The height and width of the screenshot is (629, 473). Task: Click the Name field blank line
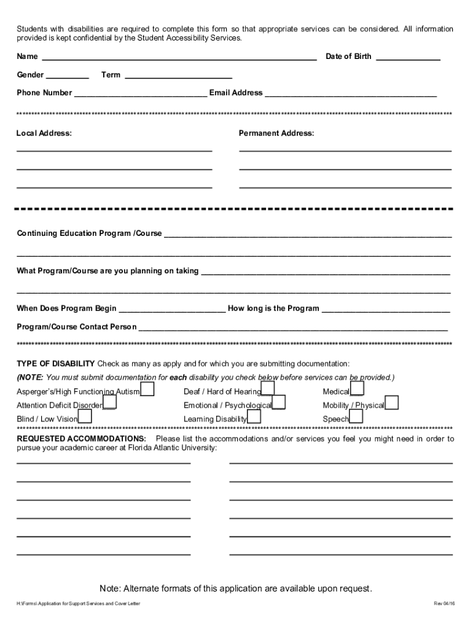click(x=178, y=58)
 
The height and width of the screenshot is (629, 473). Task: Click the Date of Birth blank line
click(x=407, y=58)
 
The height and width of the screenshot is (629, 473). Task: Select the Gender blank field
click(x=67, y=76)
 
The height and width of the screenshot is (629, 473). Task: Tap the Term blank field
click(x=178, y=76)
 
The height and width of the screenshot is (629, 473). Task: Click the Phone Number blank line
click(x=140, y=94)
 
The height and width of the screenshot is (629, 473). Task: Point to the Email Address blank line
click(x=350, y=94)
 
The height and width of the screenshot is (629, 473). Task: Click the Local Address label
click(x=44, y=133)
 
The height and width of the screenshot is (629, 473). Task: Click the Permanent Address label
click(x=276, y=133)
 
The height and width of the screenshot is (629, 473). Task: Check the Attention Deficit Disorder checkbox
click(x=110, y=403)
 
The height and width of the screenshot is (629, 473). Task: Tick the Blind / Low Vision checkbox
click(x=85, y=416)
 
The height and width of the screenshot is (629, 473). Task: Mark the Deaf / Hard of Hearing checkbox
click(x=268, y=389)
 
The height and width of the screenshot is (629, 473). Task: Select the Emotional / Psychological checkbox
click(x=278, y=403)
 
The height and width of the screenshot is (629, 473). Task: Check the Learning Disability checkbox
click(x=254, y=416)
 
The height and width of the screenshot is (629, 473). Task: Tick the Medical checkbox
click(x=357, y=389)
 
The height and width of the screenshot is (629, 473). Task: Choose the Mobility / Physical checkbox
click(x=391, y=403)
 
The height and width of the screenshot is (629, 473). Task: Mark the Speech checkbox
click(x=356, y=416)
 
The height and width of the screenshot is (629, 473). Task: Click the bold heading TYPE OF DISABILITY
click(x=55, y=364)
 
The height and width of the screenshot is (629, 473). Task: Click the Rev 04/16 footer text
click(x=444, y=604)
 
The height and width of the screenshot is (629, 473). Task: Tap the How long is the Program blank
click(x=386, y=310)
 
